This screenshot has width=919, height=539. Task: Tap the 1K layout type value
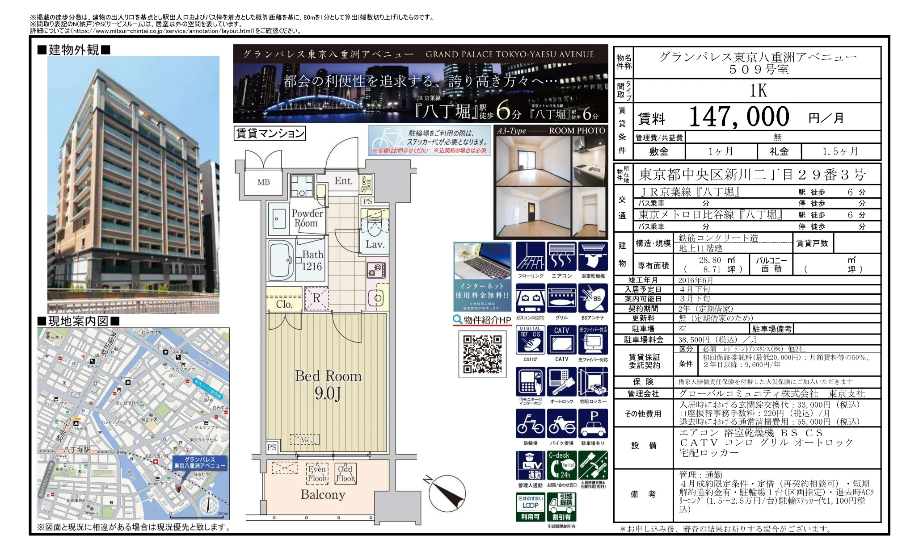tap(758, 91)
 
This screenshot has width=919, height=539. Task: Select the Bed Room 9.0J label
tap(328, 384)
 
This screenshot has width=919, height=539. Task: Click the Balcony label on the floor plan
tap(323, 494)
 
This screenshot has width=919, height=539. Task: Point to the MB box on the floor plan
tap(264, 182)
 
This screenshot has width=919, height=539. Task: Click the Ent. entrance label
tap(343, 181)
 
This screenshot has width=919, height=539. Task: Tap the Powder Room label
tap(307, 218)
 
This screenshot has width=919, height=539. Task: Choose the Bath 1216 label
tap(312, 260)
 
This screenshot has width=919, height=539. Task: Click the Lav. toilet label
tap(375, 244)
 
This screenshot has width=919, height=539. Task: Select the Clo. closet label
tap(284, 304)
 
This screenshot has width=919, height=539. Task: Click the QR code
tap(482, 354)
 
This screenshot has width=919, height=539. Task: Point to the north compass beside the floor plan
tap(447, 492)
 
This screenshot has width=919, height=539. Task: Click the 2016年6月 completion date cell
tap(696, 280)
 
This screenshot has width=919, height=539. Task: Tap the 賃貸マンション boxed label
tap(270, 133)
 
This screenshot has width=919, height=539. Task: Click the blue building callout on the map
tap(199, 462)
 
